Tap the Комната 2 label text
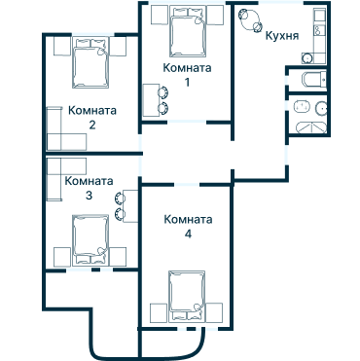pos(92,117)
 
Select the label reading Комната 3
pos(89,188)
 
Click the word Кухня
pos(281,36)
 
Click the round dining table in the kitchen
pos(250,18)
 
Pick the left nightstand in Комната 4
pos(157,312)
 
